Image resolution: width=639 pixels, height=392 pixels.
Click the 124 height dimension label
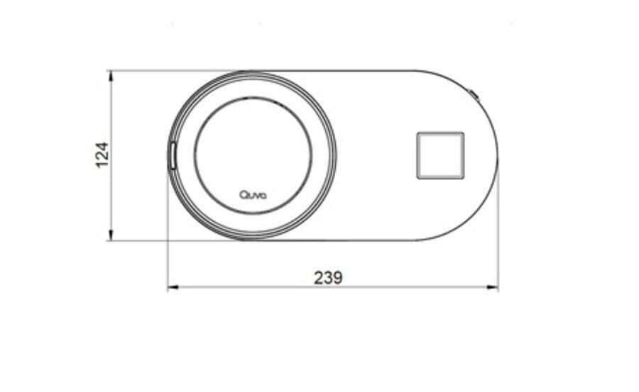coord(102,155)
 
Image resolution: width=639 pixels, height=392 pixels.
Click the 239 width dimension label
coord(328,278)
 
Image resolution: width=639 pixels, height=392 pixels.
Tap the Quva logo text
coord(253,195)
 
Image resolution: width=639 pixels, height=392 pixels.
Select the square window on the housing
coord(440,155)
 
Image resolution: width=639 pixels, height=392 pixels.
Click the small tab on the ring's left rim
coord(172,155)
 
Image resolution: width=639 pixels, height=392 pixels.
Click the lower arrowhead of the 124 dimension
coord(111,235)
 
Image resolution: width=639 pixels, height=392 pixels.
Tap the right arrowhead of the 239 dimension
coord(492,288)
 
